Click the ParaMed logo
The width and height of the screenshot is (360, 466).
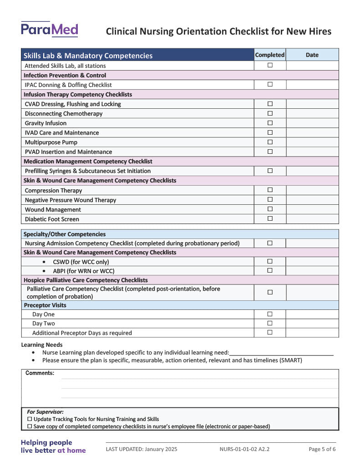click(49, 30)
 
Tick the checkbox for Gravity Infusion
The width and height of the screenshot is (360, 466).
click(270, 123)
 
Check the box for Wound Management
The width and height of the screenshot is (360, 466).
click(270, 209)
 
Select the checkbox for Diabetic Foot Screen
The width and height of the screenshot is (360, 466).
click(270, 218)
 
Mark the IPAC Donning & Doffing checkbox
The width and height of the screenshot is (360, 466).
click(270, 84)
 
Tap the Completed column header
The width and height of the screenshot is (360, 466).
click(270, 55)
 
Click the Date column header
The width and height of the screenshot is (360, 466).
click(312, 55)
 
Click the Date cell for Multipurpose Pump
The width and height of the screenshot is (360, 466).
click(312, 142)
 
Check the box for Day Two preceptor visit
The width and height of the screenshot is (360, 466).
click(270, 323)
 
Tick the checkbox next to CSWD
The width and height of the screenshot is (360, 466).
click(270, 261)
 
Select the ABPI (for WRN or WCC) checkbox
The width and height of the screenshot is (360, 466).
click(270, 270)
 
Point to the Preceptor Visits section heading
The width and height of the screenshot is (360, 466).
click(45, 305)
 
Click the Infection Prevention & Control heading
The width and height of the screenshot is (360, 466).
click(65, 75)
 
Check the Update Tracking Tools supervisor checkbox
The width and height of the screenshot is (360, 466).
click(30, 419)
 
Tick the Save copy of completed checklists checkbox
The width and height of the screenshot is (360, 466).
click(30, 426)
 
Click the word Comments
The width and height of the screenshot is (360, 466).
click(40, 373)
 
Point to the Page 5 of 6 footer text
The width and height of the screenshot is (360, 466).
click(322, 449)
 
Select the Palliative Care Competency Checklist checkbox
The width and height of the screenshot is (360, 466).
click(270, 292)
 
